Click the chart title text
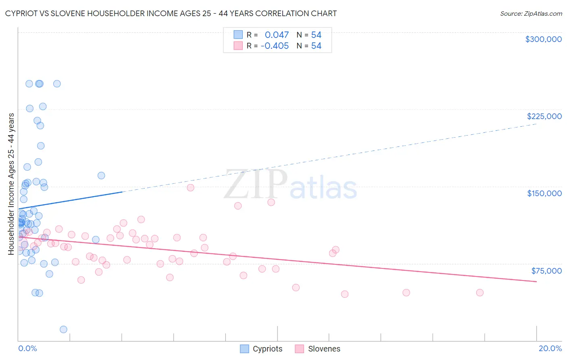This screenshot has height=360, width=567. tap(171, 13)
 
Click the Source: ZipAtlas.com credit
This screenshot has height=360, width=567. tap(531, 13)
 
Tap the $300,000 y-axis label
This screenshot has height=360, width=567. tap(543, 39)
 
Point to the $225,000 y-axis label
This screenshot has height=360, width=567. tap(544, 116)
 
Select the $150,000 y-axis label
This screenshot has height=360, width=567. tap(544, 193)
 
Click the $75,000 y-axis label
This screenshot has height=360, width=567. tap(546, 270)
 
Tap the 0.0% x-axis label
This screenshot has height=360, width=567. tap(27, 348)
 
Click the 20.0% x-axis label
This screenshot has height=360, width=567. tap(550, 348)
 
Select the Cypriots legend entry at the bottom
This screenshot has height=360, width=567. tap(261, 349)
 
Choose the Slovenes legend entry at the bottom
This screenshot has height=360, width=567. tap(318, 349)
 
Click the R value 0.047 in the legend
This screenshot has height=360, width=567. tap(277, 35)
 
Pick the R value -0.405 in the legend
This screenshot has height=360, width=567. tap(275, 46)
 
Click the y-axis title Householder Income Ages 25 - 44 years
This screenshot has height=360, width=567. tap(11, 184)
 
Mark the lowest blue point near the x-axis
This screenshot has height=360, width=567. tap(63, 329)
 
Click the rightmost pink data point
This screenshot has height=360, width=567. tap(479, 293)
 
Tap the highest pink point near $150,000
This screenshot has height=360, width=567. tap(190, 188)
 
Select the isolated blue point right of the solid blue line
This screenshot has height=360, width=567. tap(101, 176)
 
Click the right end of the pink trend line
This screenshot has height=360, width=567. tap(536, 281)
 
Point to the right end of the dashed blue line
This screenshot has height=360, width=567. tap(536, 124)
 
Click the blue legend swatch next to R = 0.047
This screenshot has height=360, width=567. tap(238, 35)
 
